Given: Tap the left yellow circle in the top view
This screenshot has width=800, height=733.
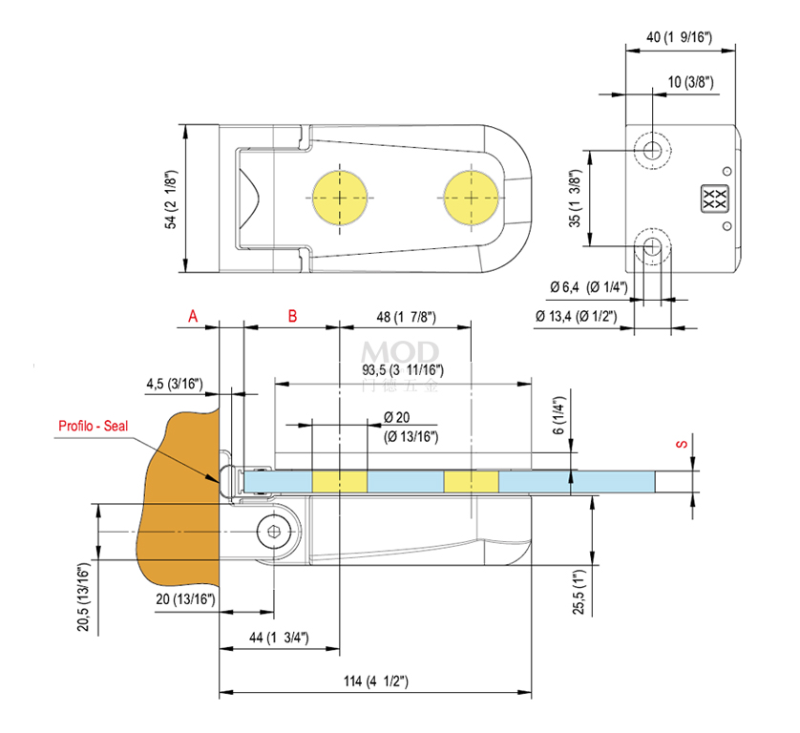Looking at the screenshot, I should coord(341,198).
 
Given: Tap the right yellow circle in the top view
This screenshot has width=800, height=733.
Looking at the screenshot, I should coord(471,198).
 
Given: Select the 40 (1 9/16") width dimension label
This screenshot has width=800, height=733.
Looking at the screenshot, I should coord(680,37).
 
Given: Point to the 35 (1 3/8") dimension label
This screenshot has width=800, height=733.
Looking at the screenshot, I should coord(574,199).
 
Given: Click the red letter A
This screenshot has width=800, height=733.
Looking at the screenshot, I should coord(193,316).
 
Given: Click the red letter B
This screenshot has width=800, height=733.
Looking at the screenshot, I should coord(293,316).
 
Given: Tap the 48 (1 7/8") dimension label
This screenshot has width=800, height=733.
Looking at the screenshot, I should coord(406,317).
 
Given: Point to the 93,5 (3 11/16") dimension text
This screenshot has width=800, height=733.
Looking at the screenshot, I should coord(403,369).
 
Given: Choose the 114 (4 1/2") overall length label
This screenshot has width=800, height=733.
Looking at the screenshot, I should coord(375,681).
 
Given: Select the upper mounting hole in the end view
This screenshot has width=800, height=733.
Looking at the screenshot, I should coord(653,149).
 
